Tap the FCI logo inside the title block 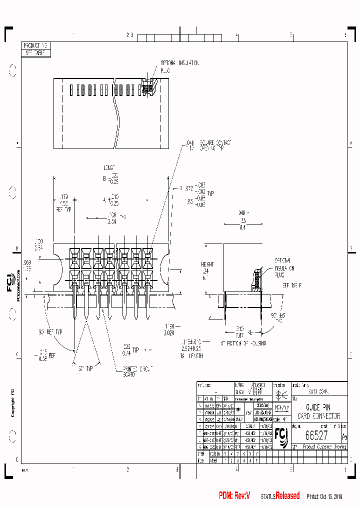(x=280, y=438)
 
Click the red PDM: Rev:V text (x=234, y=495)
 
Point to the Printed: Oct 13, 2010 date (x=327, y=496)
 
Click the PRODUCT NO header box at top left (x=36, y=45)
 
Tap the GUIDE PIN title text (x=317, y=408)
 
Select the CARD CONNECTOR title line (x=318, y=416)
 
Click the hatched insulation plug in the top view (x=148, y=88)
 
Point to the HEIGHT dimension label (x=207, y=264)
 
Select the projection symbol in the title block (x=279, y=394)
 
